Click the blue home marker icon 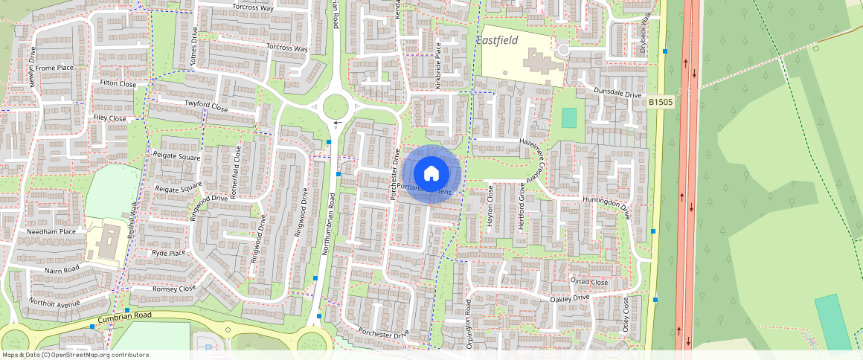430,174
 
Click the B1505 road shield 660,102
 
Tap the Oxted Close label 588,282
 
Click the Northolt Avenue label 54,303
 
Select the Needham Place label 51,231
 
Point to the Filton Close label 118,84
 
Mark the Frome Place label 54,68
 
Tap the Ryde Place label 168,253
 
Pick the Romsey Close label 174,288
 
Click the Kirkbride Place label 438,66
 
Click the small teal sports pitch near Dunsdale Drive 568,118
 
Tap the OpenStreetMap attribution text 75,355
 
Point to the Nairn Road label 62,269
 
